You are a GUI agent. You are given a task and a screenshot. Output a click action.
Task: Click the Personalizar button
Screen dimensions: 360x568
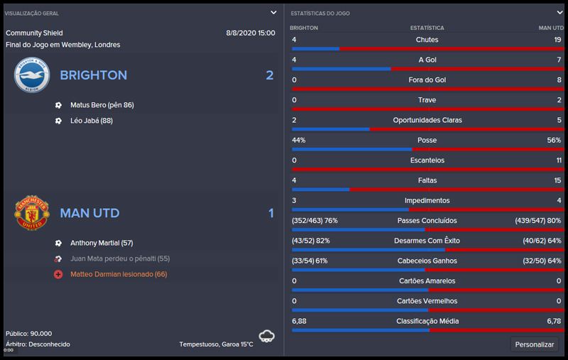pyautogui.click(x=534, y=344)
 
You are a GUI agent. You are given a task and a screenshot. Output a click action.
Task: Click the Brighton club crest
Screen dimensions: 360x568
pyautogui.click(x=31, y=75)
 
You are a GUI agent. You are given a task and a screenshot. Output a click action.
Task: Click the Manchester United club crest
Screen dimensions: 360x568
pyautogui.click(x=31, y=213)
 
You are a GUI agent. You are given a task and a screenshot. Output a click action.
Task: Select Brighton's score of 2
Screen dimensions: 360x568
pyautogui.click(x=269, y=75)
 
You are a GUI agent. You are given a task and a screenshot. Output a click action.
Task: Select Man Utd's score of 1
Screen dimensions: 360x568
pyautogui.click(x=271, y=213)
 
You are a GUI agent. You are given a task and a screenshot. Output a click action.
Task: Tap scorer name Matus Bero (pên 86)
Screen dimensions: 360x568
pyautogui.click(x=102, y=105)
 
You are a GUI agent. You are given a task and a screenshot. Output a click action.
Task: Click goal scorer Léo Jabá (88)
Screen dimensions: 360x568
pyautogui.click(x=92, y=121)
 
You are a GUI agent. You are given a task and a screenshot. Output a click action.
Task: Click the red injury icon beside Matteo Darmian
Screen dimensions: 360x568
pyautogui.click(x=58, y=274)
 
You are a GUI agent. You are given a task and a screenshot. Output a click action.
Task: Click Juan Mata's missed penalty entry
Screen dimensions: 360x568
pyautogui.click(x=119, y=259)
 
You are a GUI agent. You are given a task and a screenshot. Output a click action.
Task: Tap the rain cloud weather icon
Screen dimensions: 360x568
pyautogui.click(x=267, y=335)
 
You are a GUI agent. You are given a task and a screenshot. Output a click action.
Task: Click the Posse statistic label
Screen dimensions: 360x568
pyautogui.click(x=427, y=141)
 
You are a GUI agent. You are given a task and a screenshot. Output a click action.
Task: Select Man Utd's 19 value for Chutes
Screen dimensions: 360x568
pyautogui.click(x=557, y=40)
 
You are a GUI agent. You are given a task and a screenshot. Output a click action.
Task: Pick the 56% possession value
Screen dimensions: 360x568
pyautogui.click(x=554, y=141)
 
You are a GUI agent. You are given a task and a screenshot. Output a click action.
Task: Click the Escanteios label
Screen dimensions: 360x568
pyautogui.click(x=427, y=160)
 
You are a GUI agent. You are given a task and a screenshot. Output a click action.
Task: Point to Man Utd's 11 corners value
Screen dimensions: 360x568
pyautogui.click(x=557, y=160)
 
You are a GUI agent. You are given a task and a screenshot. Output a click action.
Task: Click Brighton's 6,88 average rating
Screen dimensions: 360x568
pyautogui.click(x=299, y=322)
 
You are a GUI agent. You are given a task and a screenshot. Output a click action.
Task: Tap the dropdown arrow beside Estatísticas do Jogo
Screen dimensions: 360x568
pyautogui.click(x=558, y=13)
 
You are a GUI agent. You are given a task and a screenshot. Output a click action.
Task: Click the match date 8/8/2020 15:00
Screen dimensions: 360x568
pyautogui.click(x=250, y=33)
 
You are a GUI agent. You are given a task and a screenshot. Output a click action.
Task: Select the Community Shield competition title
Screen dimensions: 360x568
pyautogui.click(x=34, y=33)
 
